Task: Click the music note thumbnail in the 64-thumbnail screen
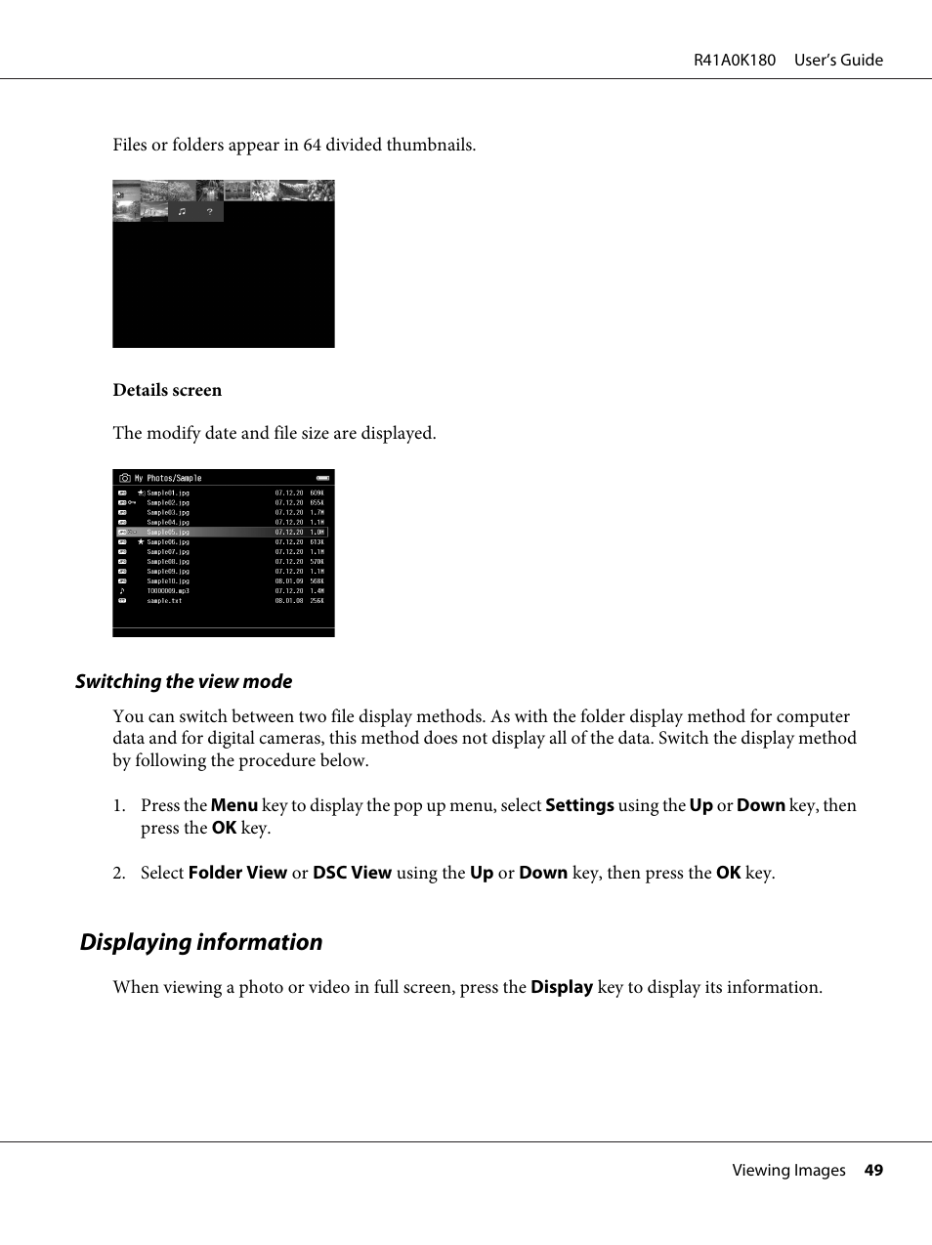(182, 212)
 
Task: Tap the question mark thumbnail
(209, 212)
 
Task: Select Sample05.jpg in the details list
(168, 533)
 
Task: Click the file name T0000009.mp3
(168, 591)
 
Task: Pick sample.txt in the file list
(164, 601)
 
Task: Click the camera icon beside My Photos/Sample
(125, 478)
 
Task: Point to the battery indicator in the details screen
(322, 478)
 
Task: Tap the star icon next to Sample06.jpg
(141, 541)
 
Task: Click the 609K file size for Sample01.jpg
(317, 494)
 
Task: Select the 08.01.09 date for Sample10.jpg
(288, 581)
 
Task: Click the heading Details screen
(167, 390)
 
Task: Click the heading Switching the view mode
(184, 681)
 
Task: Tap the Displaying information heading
(201, 942)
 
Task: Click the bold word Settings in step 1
(579, 805)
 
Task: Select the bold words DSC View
(352, 873)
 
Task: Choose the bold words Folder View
(237, 873)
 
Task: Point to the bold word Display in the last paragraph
(562, 987)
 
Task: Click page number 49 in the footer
(873, 1170)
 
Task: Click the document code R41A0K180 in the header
(735, 60)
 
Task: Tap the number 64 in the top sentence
(312, 145)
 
